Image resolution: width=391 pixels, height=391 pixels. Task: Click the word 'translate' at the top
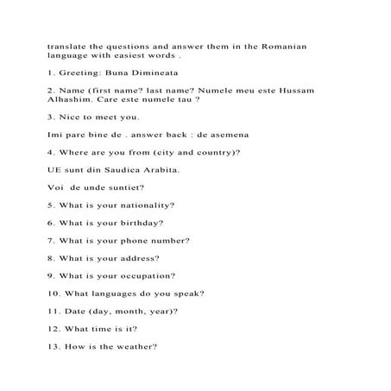pyautogui.click(x=66, y=47)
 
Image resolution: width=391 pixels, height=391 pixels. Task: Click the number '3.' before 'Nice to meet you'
pyautogui.click(x=52, y=117)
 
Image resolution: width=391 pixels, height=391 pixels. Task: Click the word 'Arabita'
pyautogui.click(x=167, y=169)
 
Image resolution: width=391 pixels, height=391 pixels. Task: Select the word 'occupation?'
pyautogui.click(x=145, y=276)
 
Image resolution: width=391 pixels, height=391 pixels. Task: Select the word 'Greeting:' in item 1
pyautogui.click(x=82, y=74)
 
